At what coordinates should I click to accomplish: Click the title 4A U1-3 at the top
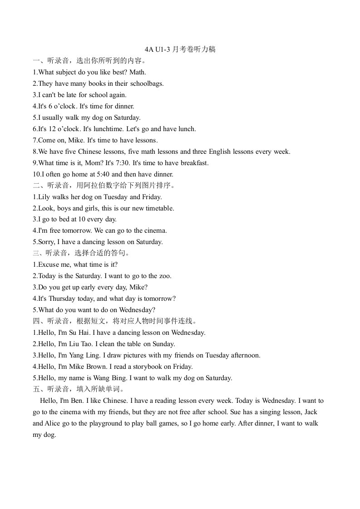158,49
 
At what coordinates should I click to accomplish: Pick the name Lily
45,197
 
